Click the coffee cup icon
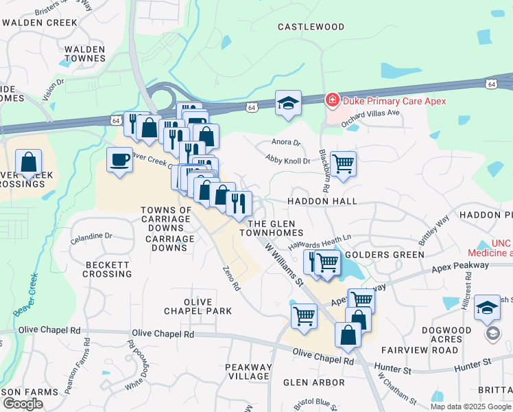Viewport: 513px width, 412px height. coord(120,160)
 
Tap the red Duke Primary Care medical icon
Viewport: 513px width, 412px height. coord(333,101)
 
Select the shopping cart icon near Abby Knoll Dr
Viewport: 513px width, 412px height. coord(343,163)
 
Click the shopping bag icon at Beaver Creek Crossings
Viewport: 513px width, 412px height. coord(29,163)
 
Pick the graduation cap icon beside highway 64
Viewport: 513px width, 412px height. coord(289,103)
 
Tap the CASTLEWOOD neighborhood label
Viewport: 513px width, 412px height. coord(311,27)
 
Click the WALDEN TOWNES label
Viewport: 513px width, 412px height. coord(84,54)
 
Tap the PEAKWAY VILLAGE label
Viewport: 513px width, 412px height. coord(248,371)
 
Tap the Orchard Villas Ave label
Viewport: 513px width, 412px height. coord(370,113)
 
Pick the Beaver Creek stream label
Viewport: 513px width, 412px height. coord(25,296)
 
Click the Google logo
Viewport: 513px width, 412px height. coord(23,403)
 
